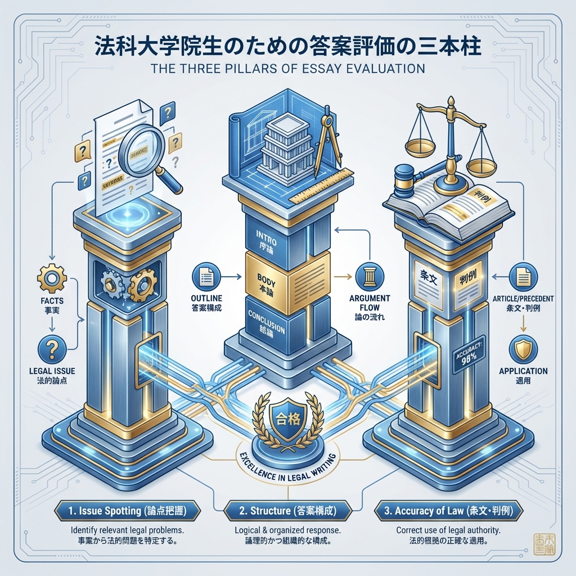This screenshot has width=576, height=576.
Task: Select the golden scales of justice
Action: coord(449,135)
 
